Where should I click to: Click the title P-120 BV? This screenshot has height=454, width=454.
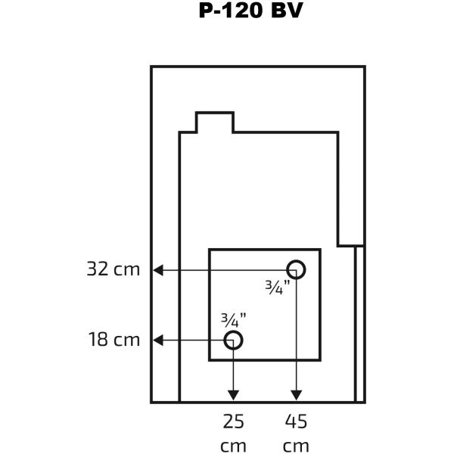[x=250, y=11]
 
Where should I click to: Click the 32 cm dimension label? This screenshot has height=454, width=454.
[x=113, y=269]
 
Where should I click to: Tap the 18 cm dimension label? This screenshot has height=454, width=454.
[x=114, y=339]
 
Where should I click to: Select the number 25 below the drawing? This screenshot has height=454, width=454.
[x=233, y=421]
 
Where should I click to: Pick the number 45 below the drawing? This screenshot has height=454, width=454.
[x=296, y=421]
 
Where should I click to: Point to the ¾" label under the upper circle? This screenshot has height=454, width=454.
[x=278, y=288]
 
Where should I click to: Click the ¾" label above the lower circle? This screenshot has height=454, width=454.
[x=233, y=320]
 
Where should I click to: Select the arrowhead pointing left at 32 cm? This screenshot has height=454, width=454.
[x=158, y=270]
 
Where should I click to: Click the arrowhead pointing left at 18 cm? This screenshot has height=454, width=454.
[x=158, y=340]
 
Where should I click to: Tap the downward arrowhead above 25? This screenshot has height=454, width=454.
[x=233, y=395]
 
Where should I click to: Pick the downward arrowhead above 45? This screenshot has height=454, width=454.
[x=296, y=395]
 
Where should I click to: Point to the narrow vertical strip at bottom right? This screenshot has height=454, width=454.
[x=360, y=324]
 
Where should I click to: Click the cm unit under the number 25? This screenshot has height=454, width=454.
[x=233, y=446]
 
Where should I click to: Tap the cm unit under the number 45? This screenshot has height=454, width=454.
[x=296, y=446]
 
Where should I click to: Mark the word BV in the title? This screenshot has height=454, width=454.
[x=287, y=11]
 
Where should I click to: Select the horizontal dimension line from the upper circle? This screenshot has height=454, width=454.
[x=229, y=270]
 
